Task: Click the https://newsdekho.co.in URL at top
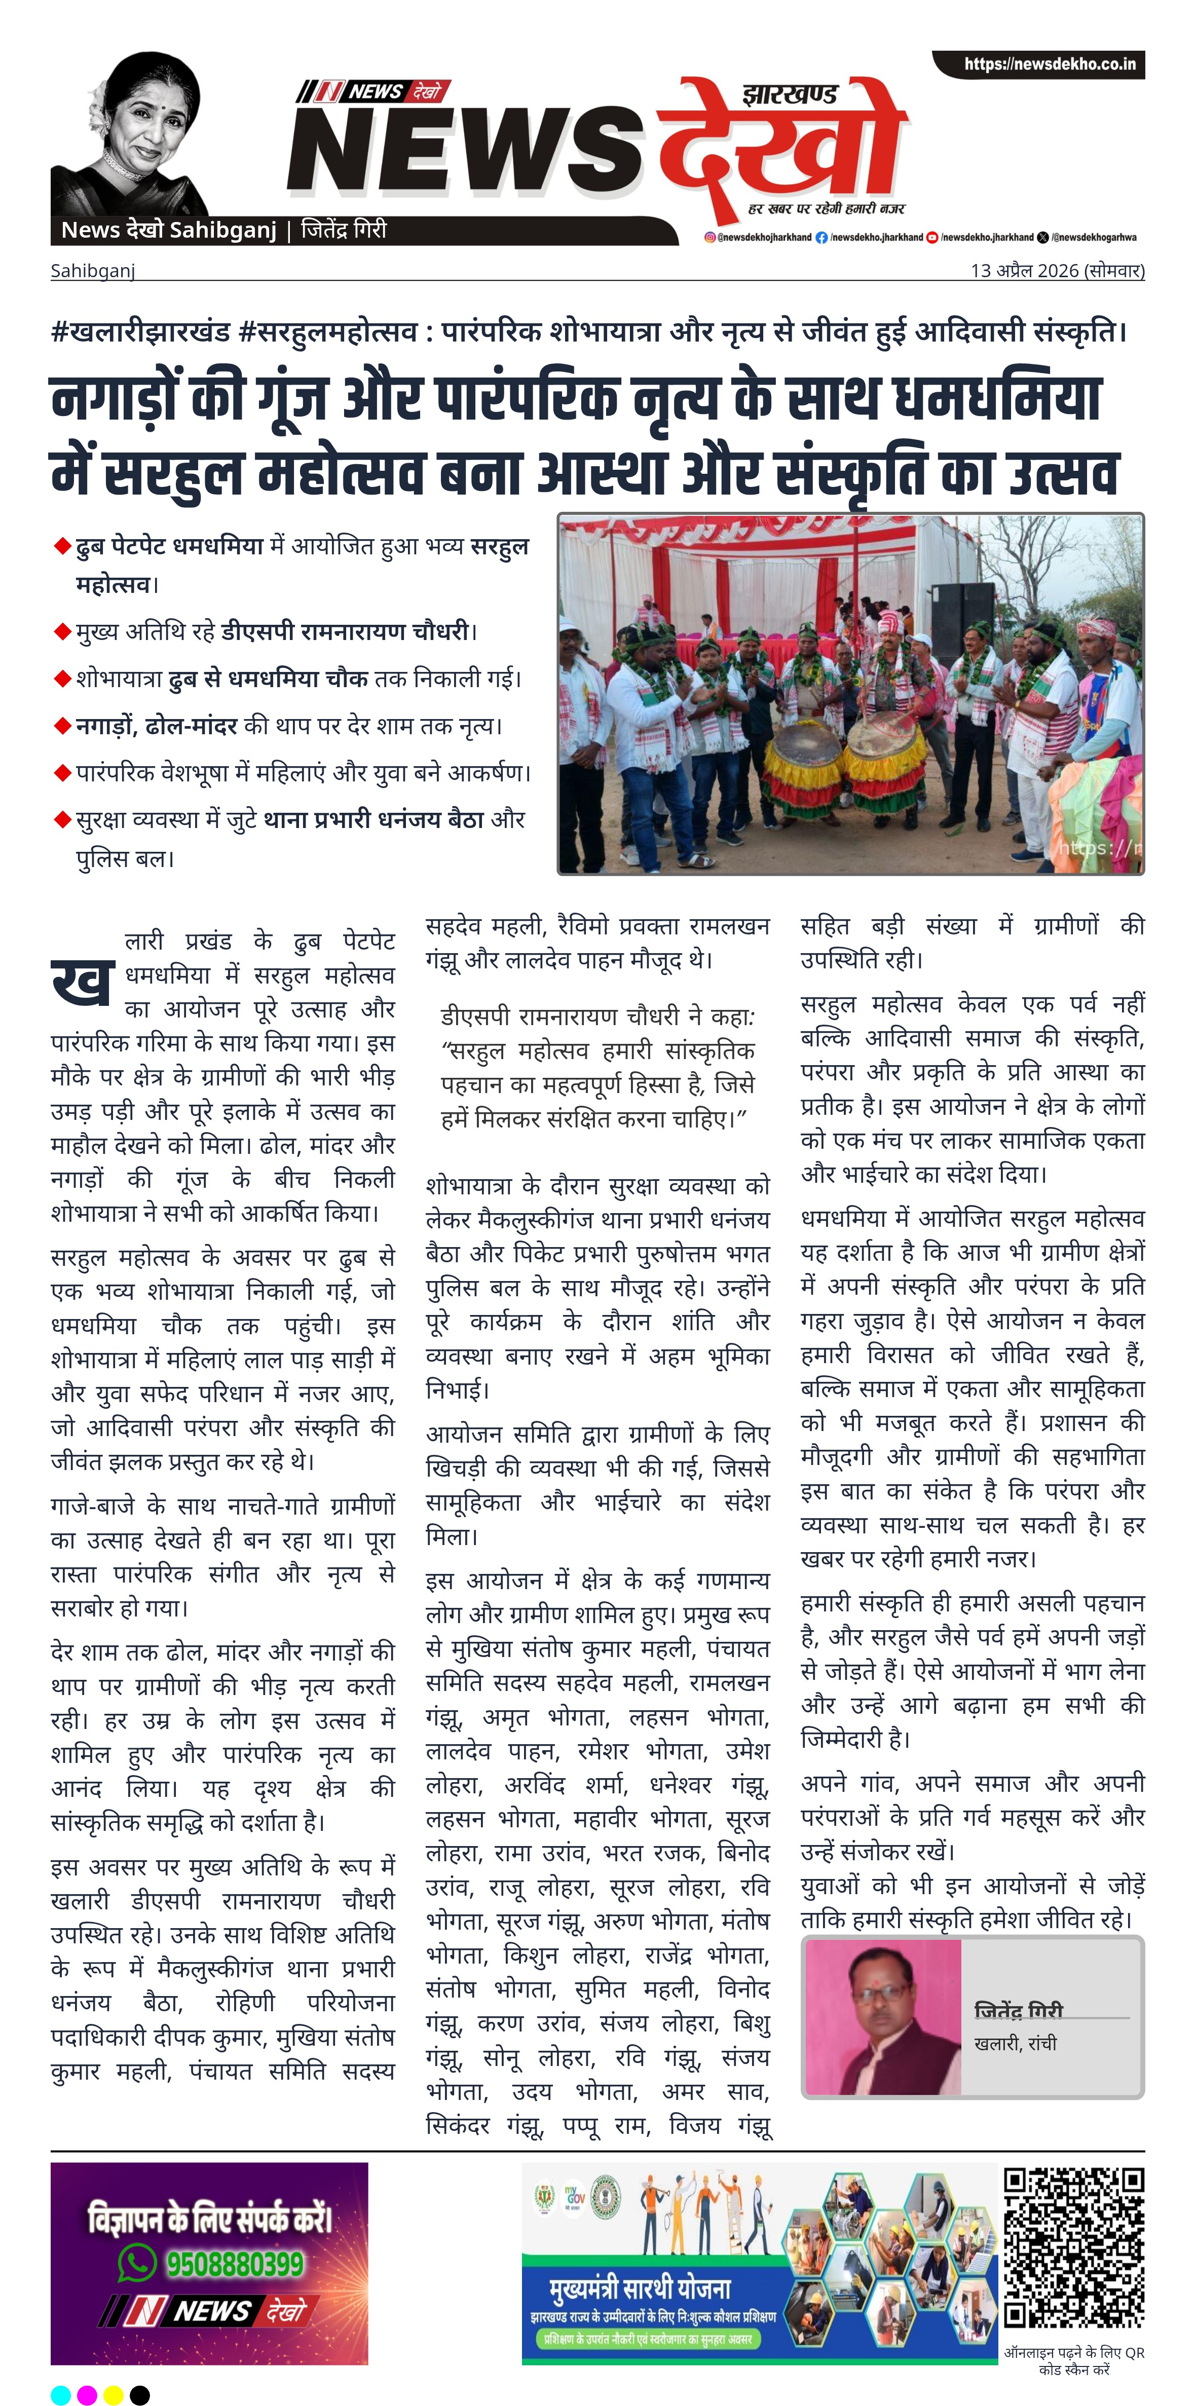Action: [x=1050, y=64]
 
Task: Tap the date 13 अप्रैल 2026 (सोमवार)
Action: [x=1057, y=271]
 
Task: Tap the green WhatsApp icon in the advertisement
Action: [x=137, y=2262]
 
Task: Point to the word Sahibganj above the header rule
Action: [x=93, y=271]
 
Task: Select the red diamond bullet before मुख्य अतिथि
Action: [x=63, y=632]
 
